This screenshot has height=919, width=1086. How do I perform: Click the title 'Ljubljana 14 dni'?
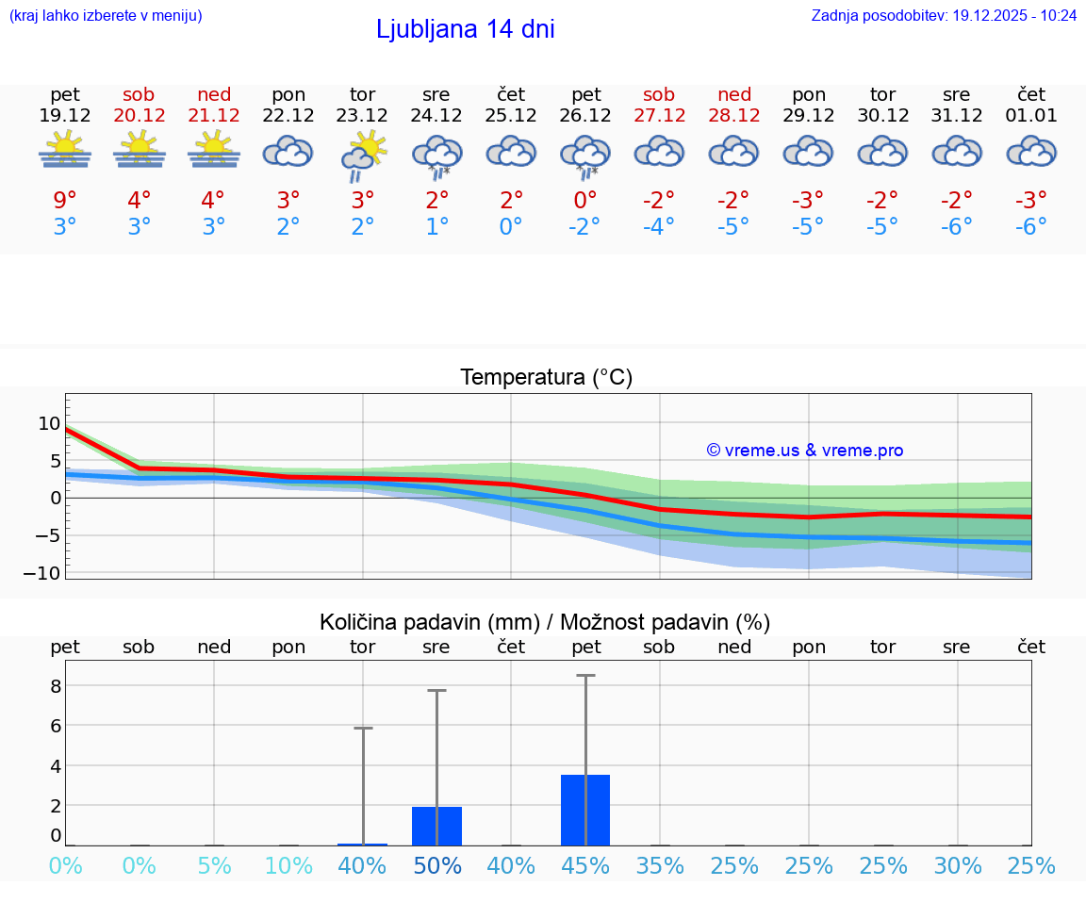465,29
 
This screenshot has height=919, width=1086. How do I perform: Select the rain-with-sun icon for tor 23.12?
363,155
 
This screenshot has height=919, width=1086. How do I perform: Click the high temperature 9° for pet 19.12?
65,200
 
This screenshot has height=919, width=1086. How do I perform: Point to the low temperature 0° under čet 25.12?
511,226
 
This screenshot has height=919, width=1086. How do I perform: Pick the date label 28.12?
734,115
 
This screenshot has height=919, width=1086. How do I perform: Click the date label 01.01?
1031,115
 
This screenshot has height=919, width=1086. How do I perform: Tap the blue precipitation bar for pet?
585,810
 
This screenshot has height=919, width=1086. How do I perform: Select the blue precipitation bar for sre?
436,826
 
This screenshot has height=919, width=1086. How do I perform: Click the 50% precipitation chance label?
436,865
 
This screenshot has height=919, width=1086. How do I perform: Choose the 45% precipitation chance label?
585,865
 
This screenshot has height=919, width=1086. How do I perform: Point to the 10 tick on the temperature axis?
49,423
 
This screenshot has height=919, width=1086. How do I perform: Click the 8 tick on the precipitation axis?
56,685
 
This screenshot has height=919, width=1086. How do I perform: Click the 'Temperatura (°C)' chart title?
546,377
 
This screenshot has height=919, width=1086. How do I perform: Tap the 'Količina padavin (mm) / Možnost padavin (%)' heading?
545,622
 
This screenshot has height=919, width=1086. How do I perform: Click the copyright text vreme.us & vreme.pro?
804,451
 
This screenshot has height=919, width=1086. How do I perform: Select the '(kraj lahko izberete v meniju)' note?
106,15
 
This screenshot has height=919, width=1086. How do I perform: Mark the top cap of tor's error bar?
363,728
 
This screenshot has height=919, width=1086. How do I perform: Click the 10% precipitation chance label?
288,865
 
